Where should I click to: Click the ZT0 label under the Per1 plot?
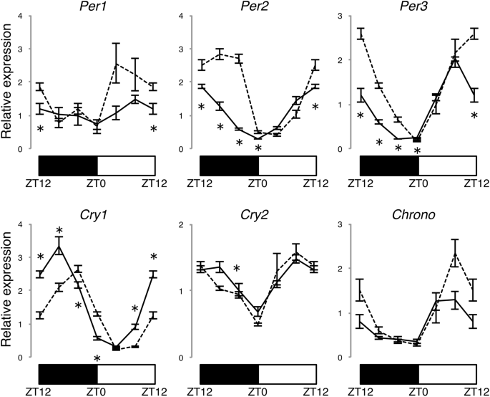[97, 183]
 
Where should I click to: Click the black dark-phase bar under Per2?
[228, 164]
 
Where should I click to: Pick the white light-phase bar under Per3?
[446, 164]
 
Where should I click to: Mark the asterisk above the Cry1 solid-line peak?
[60, 231]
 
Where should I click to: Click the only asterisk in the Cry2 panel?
[237, 269]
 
